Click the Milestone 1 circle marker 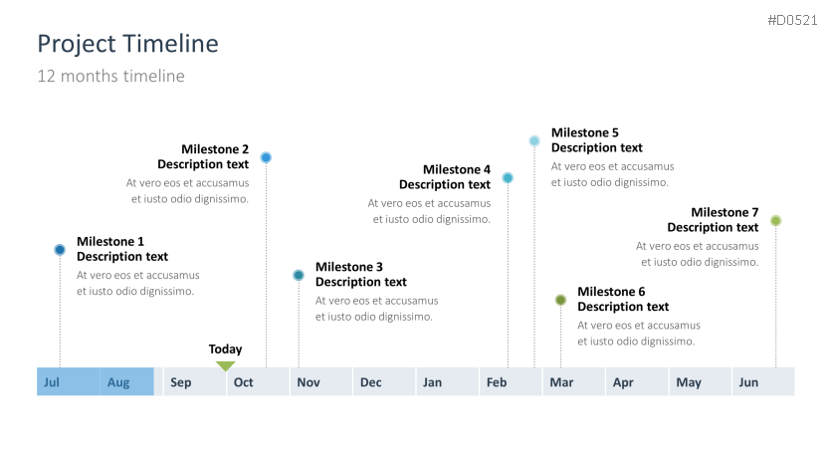(60, 250)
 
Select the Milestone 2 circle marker (266, 157)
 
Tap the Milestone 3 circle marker (299, 276)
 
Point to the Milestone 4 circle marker (508, 178)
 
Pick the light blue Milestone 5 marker (534, 141)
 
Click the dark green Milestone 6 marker (561, 301)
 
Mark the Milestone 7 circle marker (775, 221)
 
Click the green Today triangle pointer (226, 366)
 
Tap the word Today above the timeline (226, 350)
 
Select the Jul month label (52, 382)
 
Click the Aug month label (118, 382)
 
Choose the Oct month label (244, 382)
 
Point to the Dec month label (371, 382)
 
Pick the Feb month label (497, 382)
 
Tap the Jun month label (748, 382)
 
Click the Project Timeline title (127, 44)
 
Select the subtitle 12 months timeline (110, 76)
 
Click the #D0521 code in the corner (793, 20)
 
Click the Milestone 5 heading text (585, 132)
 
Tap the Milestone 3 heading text (349, 267)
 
